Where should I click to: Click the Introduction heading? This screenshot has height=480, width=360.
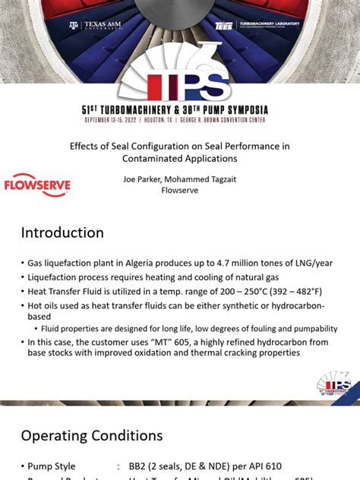pyautogui.click(x=62, y=232)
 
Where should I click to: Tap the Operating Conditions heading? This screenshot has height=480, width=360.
pyautogui.click(x=91, y=435)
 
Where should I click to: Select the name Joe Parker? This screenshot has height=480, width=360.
pyautogui.click(x=144, y=179)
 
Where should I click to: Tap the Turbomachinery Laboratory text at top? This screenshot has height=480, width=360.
pyautogui.click(x=269, y=24)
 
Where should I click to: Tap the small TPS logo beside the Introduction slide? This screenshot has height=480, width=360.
pyautogui.click(x=333, y=384)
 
